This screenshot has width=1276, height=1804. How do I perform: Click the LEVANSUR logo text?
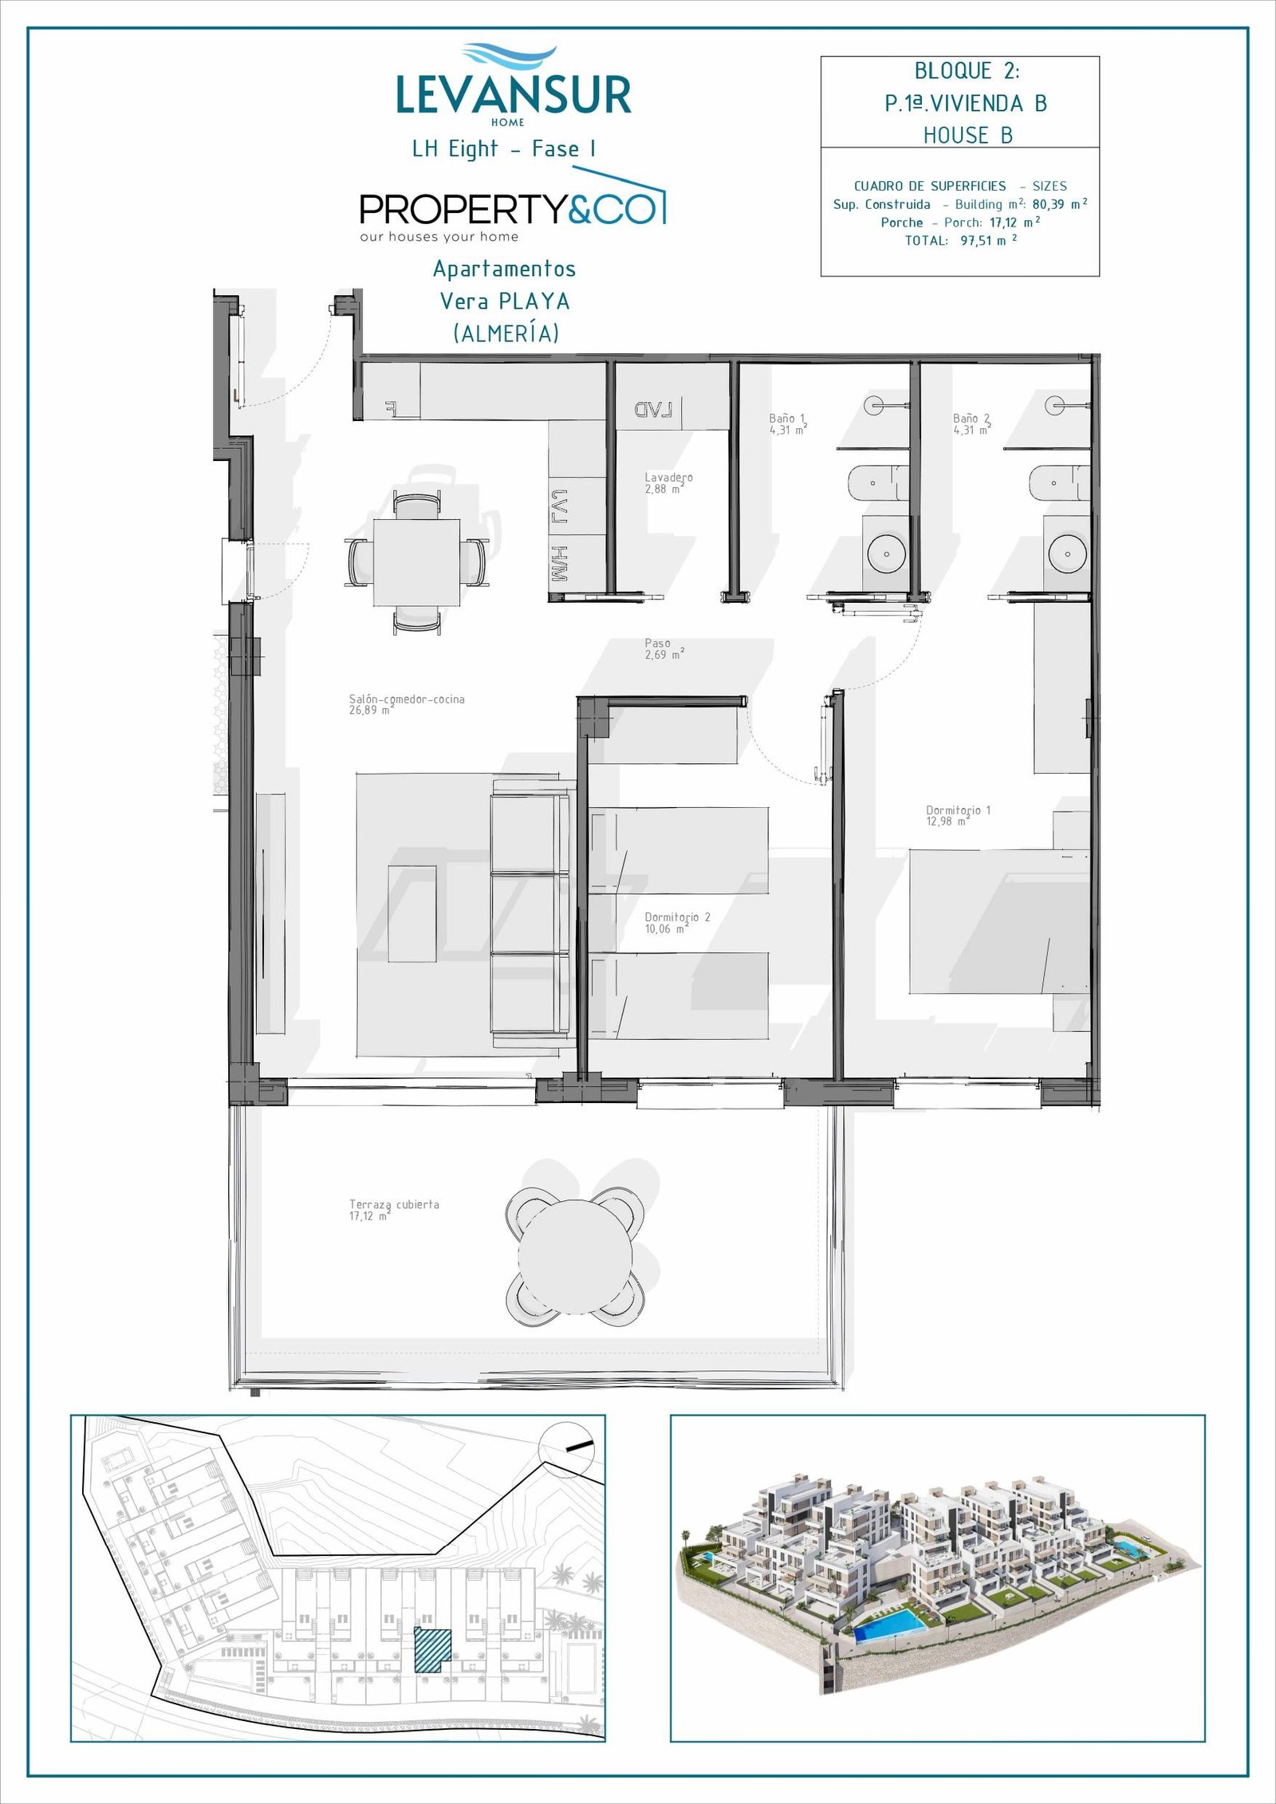(x=514, y=94)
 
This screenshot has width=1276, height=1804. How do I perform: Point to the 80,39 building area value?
(x=1048, y=204)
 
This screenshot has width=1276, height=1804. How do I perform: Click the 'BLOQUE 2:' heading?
(x=967, y=71)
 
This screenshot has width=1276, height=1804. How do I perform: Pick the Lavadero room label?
(x=668, y=478)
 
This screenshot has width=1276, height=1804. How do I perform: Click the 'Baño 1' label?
(x=787, y=418)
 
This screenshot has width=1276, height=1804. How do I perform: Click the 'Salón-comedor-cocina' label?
(x=407, y=699)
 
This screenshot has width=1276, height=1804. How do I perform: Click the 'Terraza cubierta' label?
(x=394, y=1227)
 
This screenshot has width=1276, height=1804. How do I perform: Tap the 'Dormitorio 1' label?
(x=958, y=810)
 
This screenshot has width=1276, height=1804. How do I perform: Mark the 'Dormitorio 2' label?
(x=677, y=917)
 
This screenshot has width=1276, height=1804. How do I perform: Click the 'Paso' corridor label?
(x=658, y=643)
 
